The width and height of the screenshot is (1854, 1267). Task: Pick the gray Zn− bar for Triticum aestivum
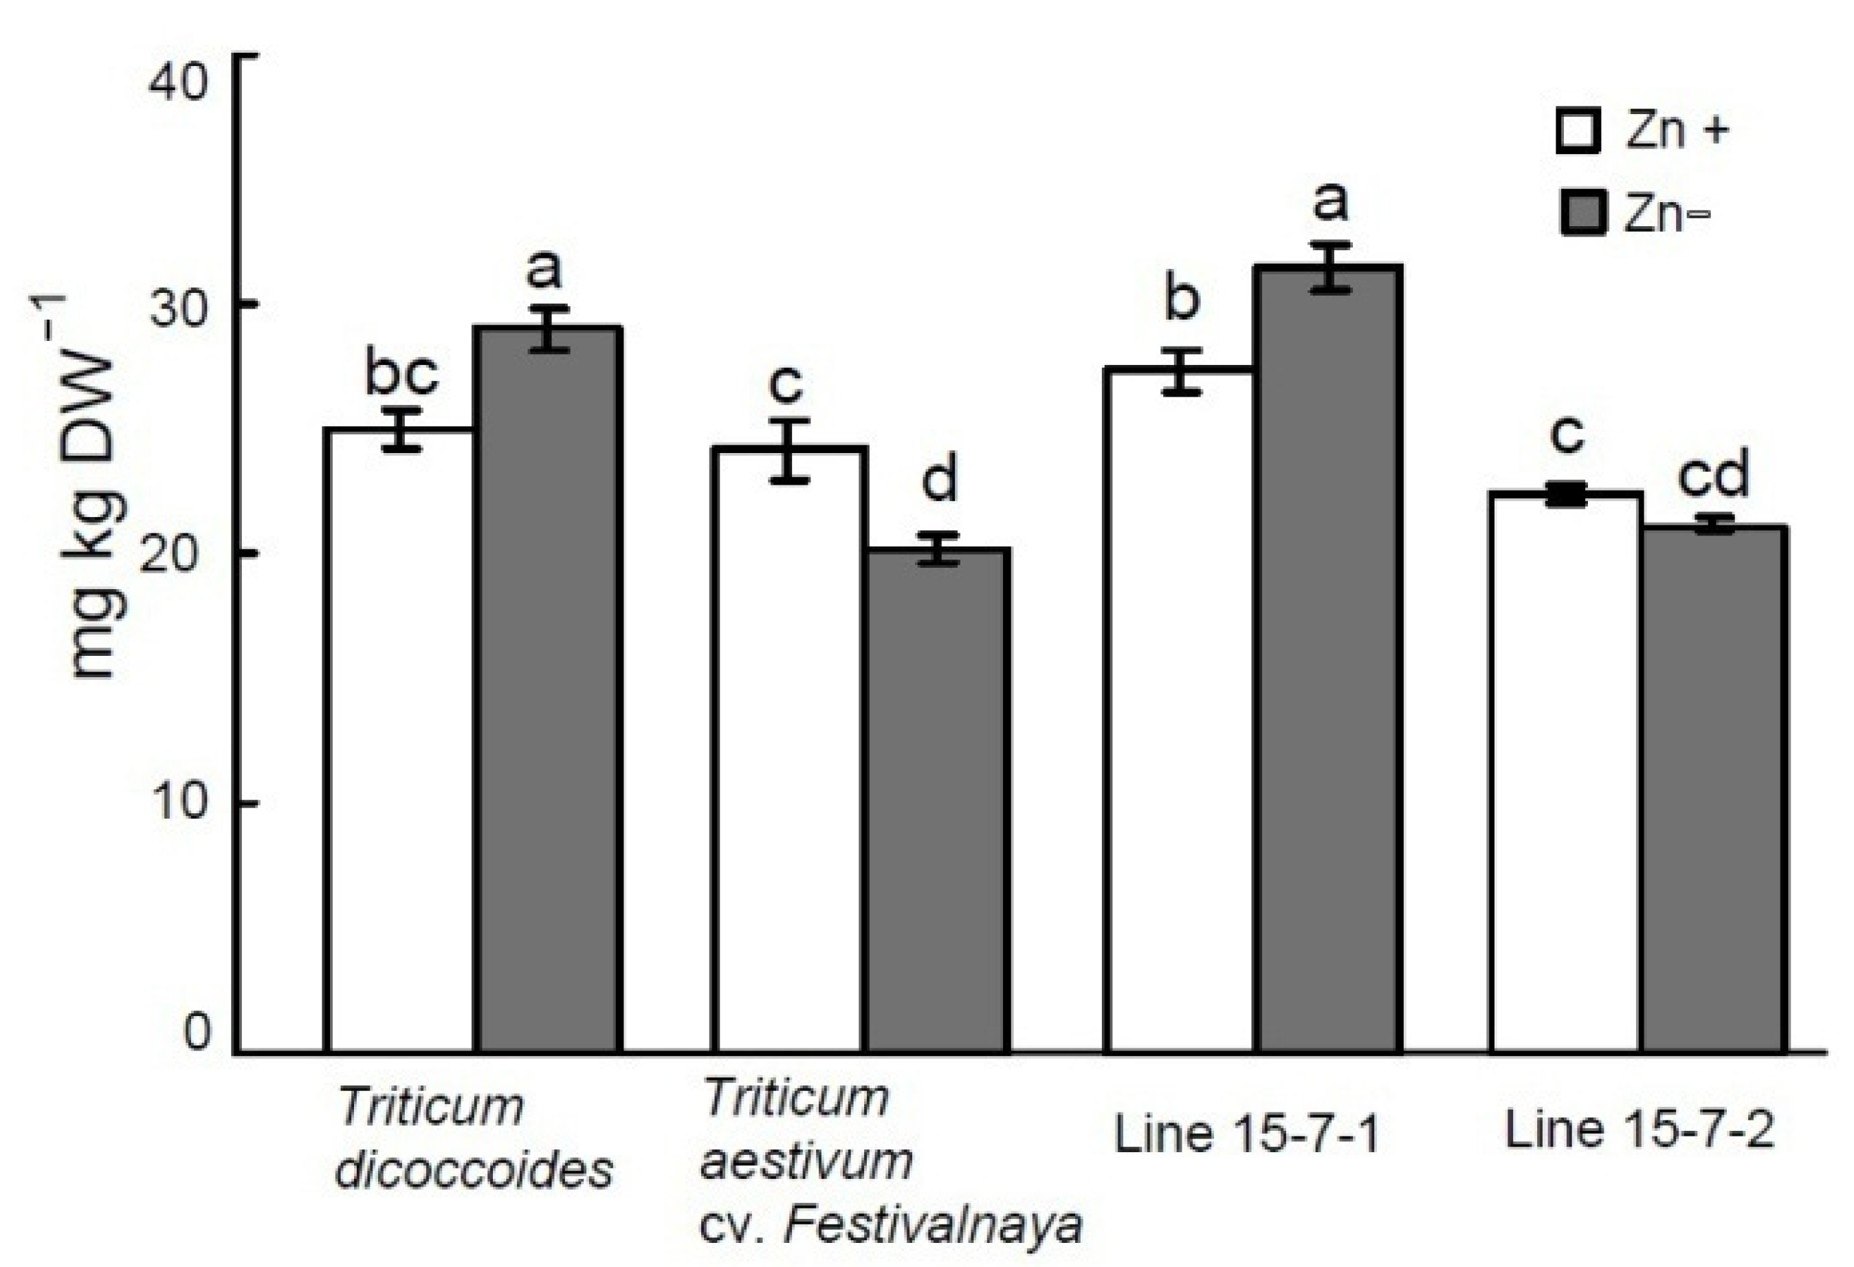(x=938, y=798)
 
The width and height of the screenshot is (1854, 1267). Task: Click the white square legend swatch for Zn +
(x=1578, y=131)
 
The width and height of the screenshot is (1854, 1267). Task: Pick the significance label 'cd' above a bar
(x=1713, y=474)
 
